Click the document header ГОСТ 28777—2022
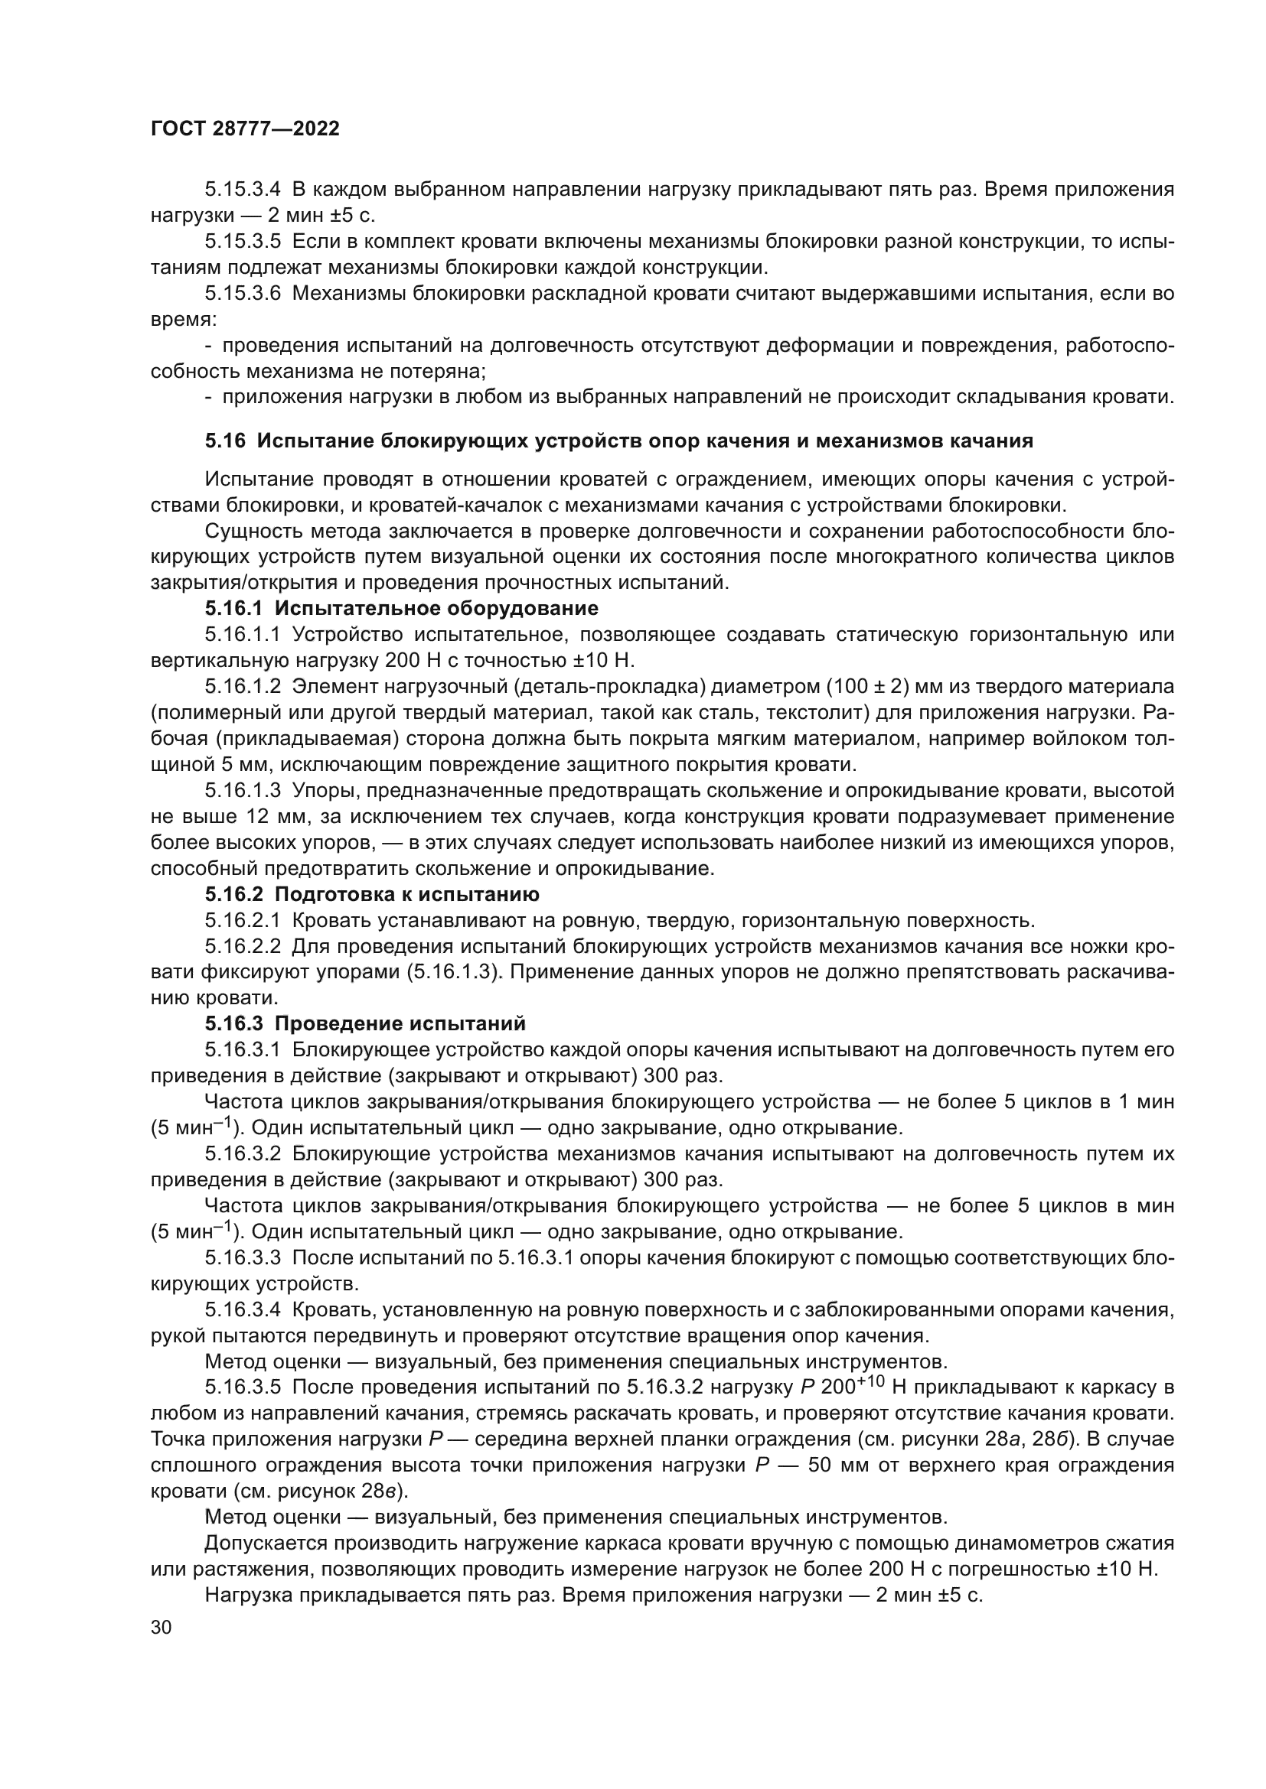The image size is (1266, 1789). coord(245,128)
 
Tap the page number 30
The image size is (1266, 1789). coord(161,1626)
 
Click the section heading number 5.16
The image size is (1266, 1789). coord(225,441)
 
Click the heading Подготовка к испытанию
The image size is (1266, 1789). coord(407,893)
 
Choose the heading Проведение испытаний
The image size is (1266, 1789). coord(400,1023)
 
